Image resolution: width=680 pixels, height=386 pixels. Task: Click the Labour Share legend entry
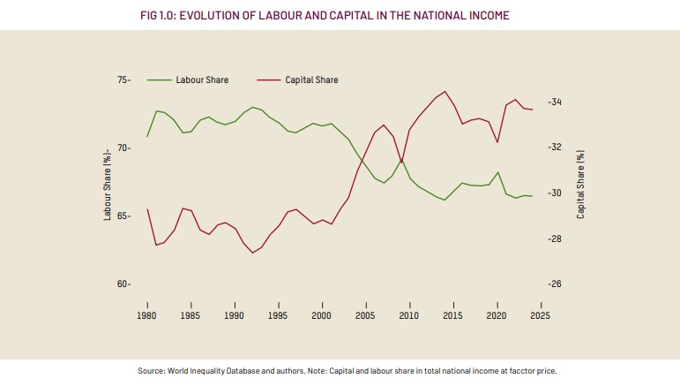(x=202, y=80)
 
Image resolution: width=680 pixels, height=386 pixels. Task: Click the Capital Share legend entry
(x=311, y=80)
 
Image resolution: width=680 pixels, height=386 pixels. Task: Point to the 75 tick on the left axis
(x=123, y=80)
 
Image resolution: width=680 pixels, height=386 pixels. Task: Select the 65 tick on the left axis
(x=123, y=216)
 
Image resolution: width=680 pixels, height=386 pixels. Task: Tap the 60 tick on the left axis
(x=123, y=284)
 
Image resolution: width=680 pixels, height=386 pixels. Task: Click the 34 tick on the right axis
(x=554, y=102)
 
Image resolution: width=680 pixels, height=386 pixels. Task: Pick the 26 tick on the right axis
(x=554, y=284)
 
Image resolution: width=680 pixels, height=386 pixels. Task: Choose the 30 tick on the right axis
(x=554, y=193)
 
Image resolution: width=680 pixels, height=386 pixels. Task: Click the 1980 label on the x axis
(x=147, y=314)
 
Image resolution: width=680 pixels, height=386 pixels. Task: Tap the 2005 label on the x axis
(x=365, y=314)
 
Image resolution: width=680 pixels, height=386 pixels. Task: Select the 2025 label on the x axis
(x=540, y=314)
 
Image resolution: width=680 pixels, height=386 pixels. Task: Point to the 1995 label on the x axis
(x=278, y=314)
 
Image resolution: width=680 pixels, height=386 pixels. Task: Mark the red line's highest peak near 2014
(x=445, y=91)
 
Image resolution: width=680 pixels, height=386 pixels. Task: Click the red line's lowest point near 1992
(x=252, y=254)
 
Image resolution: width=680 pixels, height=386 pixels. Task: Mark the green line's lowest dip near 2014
(x=445, y=201)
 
